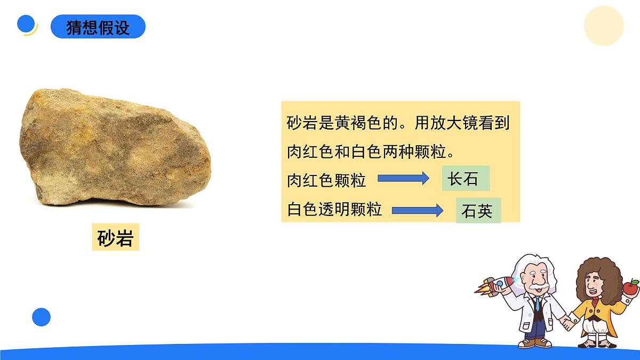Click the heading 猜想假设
tap(98, 27)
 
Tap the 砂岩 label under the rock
tap(115, 237)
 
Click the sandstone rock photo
tap(115, 149)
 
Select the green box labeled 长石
tap(465, 179)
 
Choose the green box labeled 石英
tap(478, 211)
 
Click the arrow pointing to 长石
tap(403, 179)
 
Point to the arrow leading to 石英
tap(418, 210)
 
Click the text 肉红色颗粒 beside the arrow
tap(326, 180)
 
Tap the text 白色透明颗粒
tap(334, 209)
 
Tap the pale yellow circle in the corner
tap(604, 26)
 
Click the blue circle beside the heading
tap(26, 24)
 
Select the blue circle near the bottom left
tap(41, 317)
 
